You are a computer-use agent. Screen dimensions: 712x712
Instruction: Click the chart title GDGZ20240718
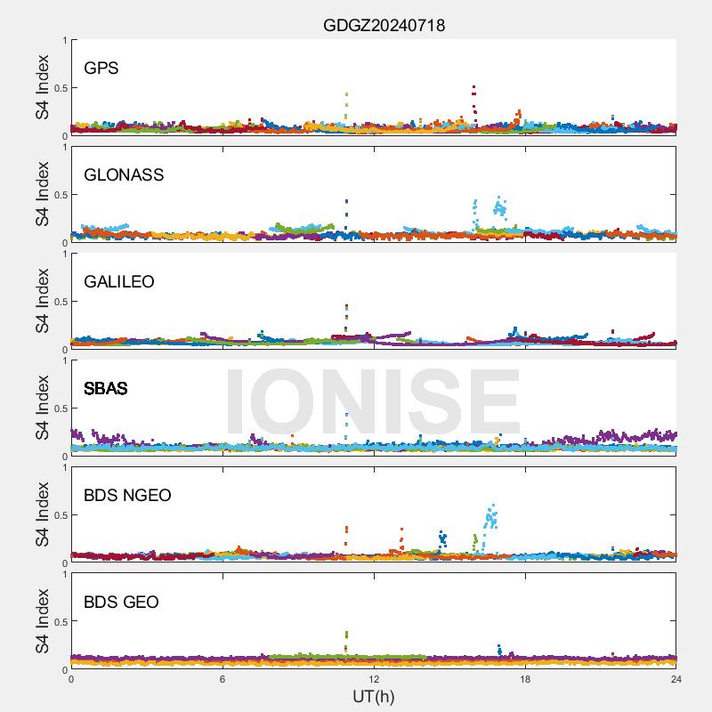click(384, 26)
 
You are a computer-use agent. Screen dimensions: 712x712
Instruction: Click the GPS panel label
click(101, 69)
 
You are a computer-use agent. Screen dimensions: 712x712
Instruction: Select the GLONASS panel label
click(124, 175)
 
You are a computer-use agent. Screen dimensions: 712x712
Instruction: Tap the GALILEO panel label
click(119, 282)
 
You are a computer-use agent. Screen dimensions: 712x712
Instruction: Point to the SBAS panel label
click(106, 389)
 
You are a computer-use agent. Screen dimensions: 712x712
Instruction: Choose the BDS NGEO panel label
click(127, 496)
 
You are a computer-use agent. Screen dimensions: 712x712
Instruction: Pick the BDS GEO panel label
click(121, 603)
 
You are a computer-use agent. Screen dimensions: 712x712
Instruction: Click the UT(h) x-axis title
click(374, 696)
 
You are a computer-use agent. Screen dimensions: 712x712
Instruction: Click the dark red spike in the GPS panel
click(474, 89)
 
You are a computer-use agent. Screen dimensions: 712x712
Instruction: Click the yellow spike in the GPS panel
click(346, 94)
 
